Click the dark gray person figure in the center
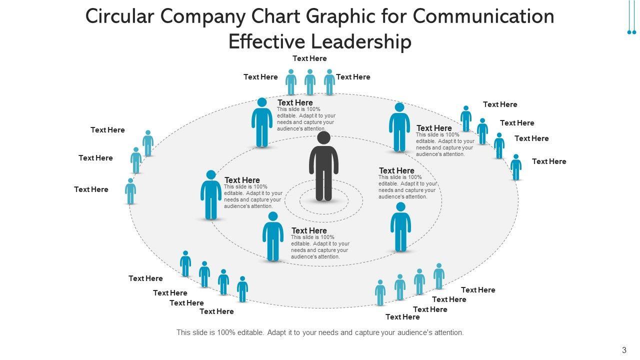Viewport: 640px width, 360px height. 323,167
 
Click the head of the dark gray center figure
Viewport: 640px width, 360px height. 323,138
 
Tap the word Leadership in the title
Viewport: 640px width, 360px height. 361,41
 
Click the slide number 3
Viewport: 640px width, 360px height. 624,350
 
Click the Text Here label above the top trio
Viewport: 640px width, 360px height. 309,58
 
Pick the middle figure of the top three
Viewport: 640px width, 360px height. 310,82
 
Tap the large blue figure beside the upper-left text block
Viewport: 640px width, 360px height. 262,123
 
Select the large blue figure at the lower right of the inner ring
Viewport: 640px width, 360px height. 400,227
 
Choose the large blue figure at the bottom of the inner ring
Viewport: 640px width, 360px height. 273,236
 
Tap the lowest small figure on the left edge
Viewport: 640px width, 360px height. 130,191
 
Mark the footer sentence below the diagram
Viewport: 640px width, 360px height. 320,332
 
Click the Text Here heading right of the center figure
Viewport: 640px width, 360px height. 396,170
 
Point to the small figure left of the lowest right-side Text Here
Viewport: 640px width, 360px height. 516,167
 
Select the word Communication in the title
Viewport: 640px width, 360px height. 483,16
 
